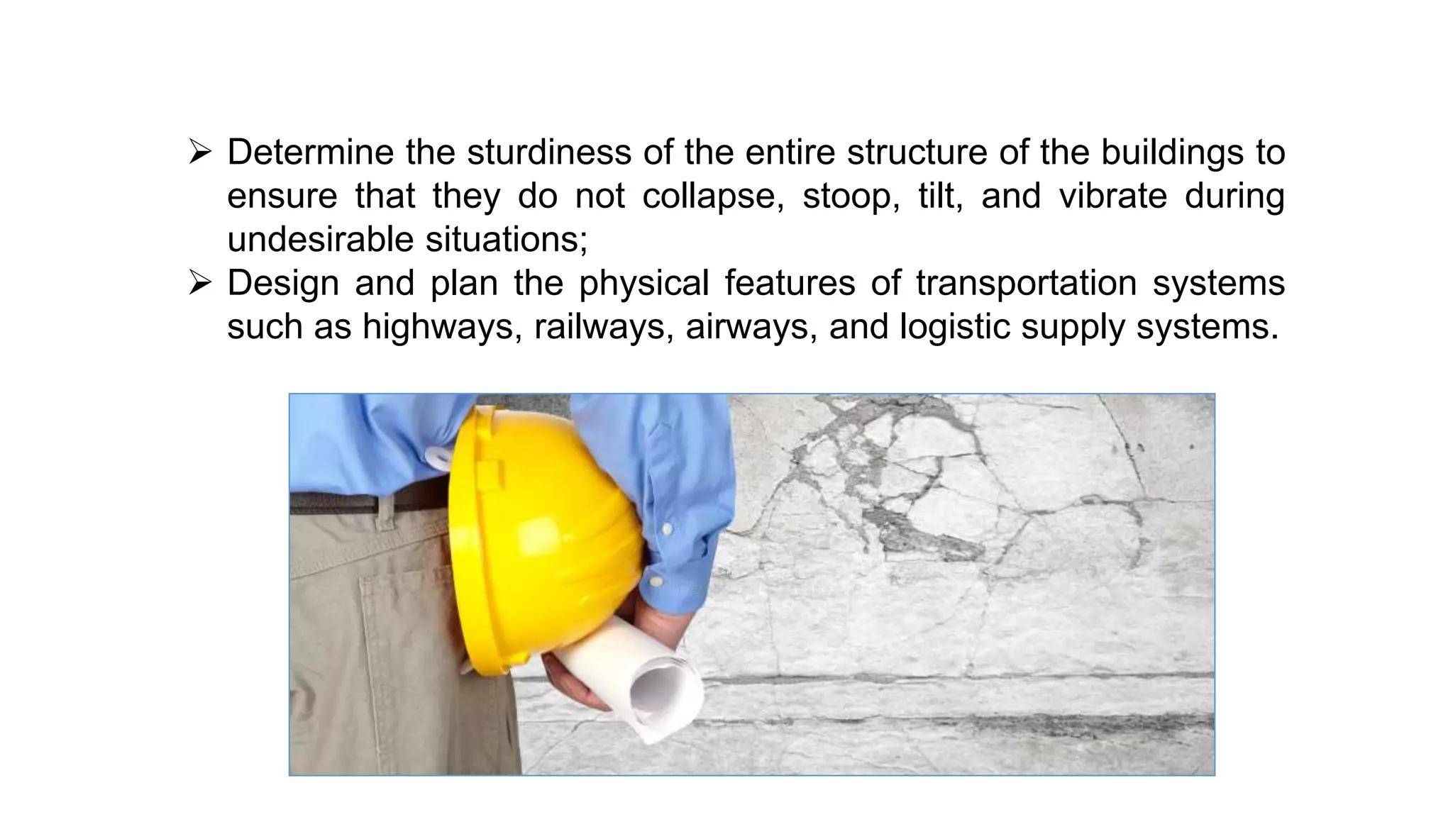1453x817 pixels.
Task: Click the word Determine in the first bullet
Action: [x=310, y=152]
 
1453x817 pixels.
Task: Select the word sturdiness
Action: [x=548, y=152]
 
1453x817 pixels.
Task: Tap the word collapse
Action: [x=712, y=196]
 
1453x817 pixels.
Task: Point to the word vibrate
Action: [x=1112, y=196]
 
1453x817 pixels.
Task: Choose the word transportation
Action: [x=1026, y=283]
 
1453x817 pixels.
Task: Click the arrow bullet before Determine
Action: [x=200, y=152]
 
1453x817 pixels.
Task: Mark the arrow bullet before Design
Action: [x=200, y=284]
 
